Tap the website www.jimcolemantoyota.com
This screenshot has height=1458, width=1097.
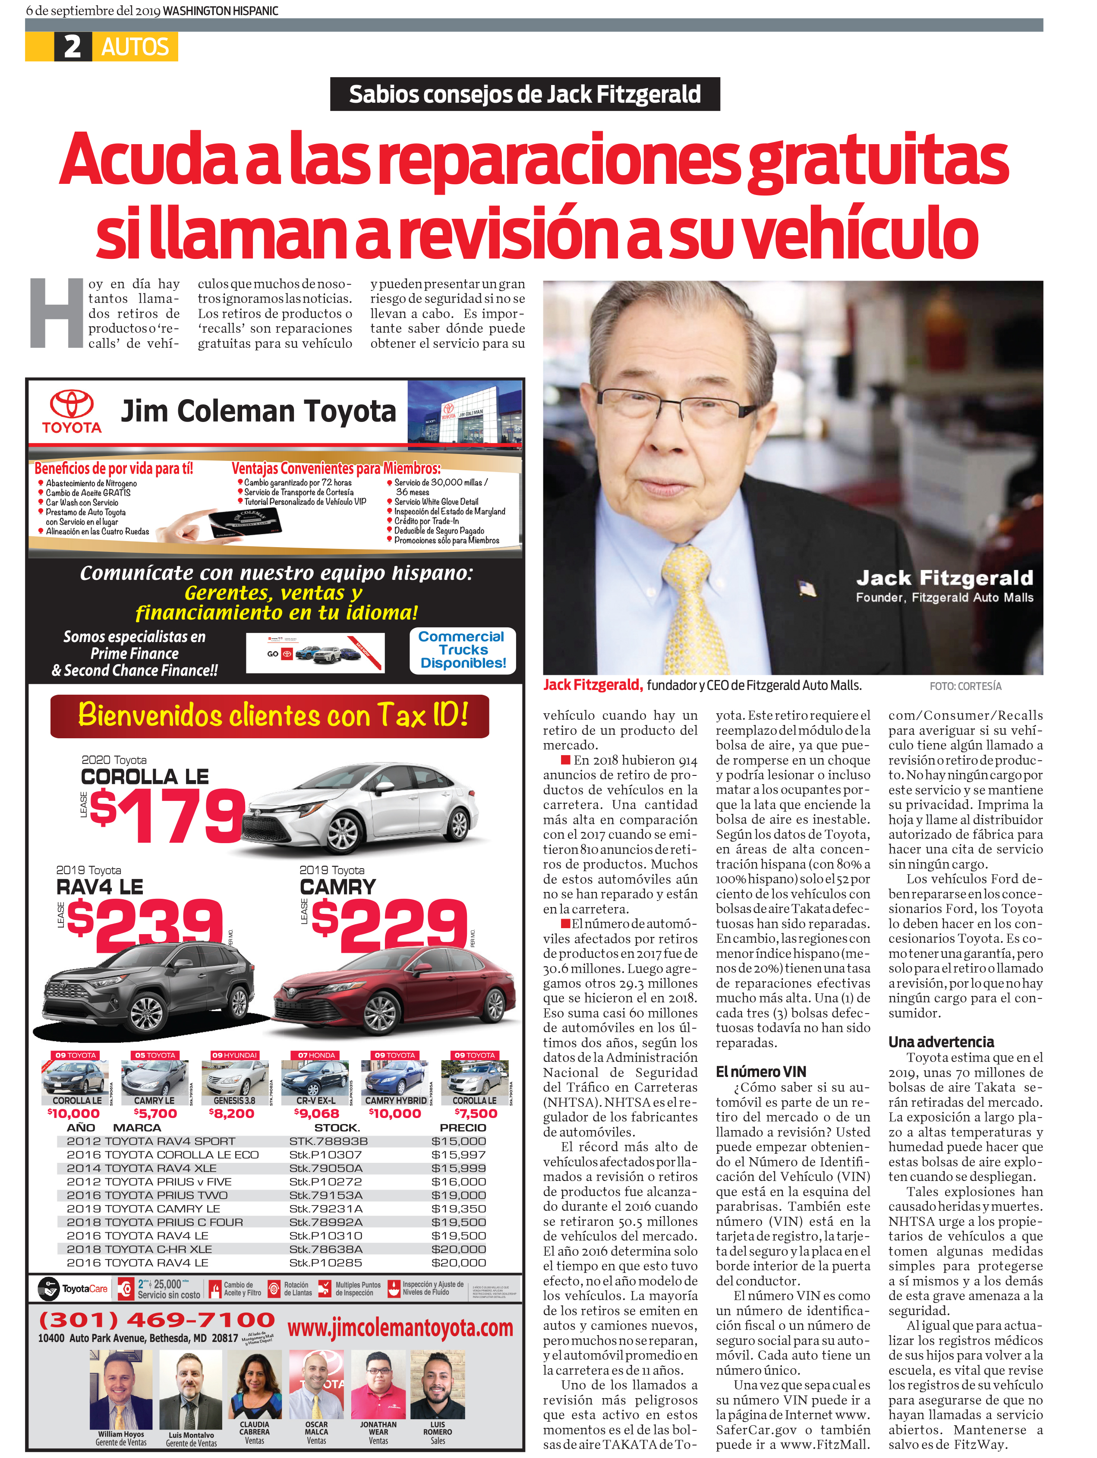pos(400,1327)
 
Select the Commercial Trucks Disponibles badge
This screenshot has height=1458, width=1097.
pos(463,650)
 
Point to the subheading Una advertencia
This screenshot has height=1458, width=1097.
pos(941,1042)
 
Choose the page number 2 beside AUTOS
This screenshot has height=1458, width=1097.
pos(73,47)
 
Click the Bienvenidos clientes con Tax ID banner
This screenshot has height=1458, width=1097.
pos(270,716)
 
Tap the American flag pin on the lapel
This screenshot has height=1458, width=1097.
pos(807,587)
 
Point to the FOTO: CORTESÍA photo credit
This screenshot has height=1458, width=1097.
pos(965,686)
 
